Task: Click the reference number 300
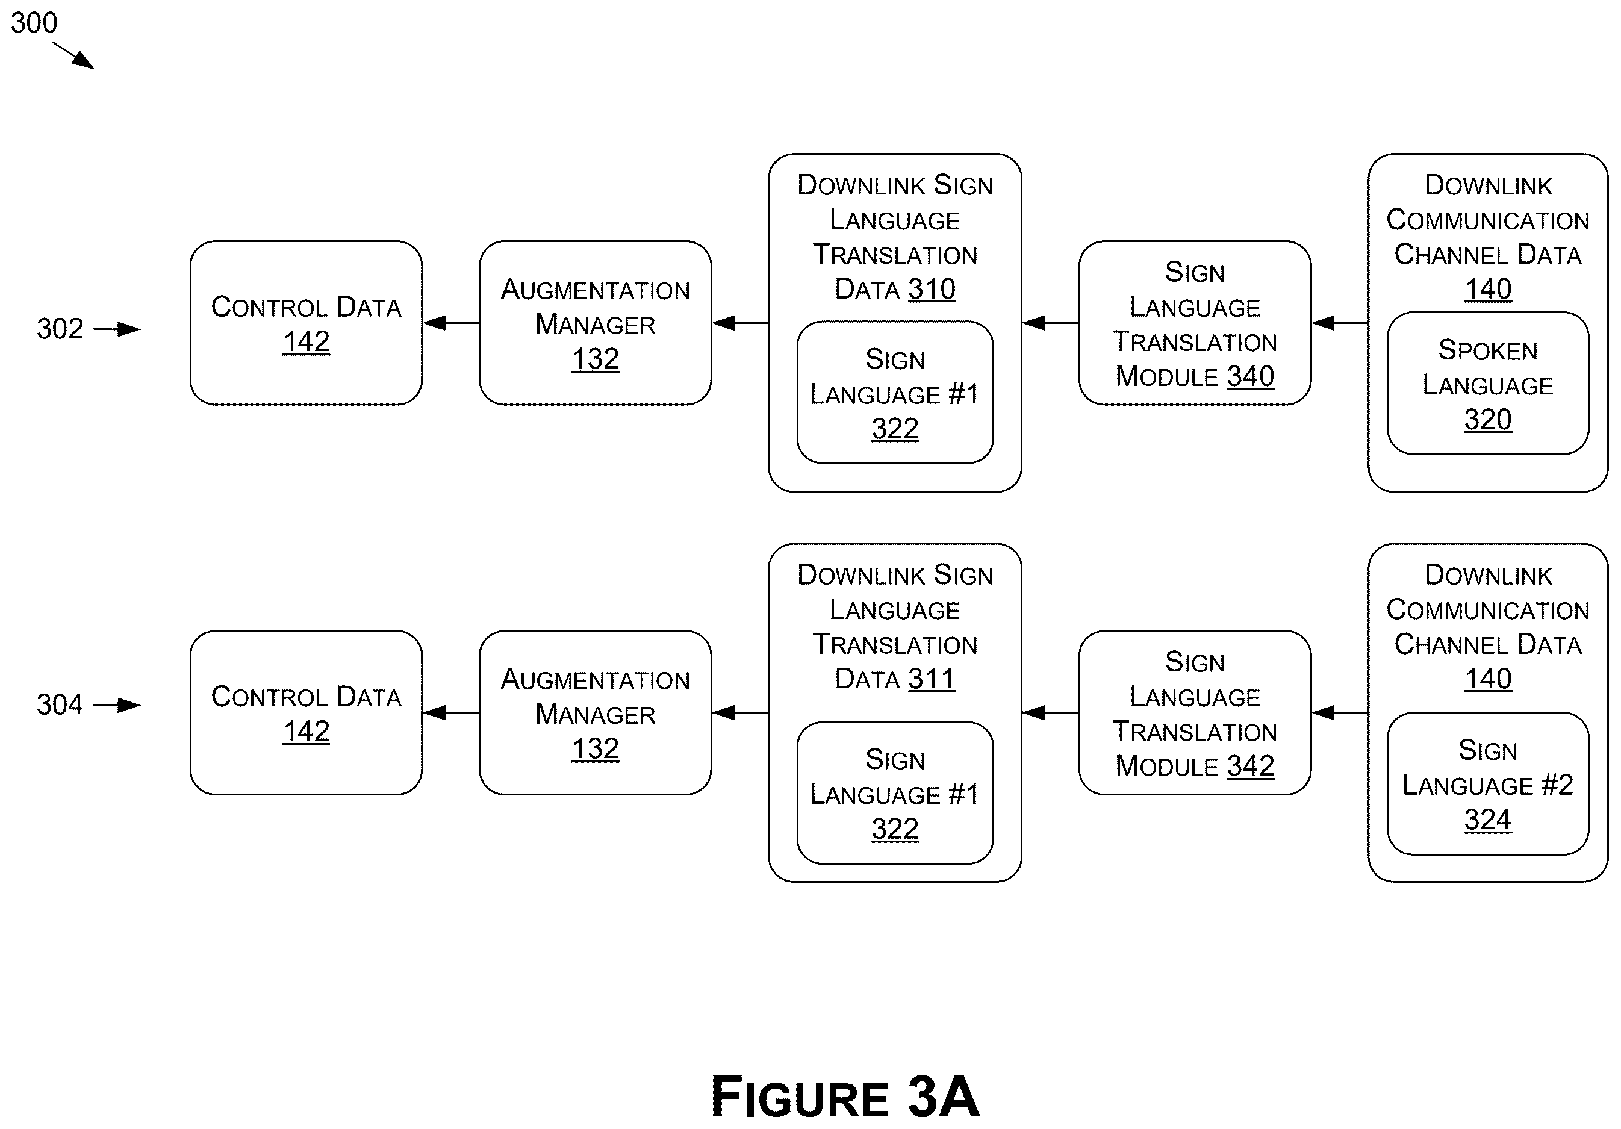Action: pos(34,23)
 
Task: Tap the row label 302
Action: pos(60,328)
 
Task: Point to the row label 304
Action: pos(60,704)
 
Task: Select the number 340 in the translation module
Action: pos(1250,376)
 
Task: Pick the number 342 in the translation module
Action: pos(1250,766)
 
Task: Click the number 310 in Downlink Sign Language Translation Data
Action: pos(932,289)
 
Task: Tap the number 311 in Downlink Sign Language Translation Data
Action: pos(932,679)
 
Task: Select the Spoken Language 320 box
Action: pos(1487,384)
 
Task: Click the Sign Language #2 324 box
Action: pos(1487,784)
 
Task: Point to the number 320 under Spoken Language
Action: pos(1487,420)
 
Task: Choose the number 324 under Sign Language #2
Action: pos(1487,820)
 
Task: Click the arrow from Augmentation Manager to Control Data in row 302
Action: pos(451,323)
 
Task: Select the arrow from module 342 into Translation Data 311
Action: pos(1051,712)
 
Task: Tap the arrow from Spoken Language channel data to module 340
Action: pos(1340,323)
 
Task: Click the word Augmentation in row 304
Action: pos(595,679)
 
